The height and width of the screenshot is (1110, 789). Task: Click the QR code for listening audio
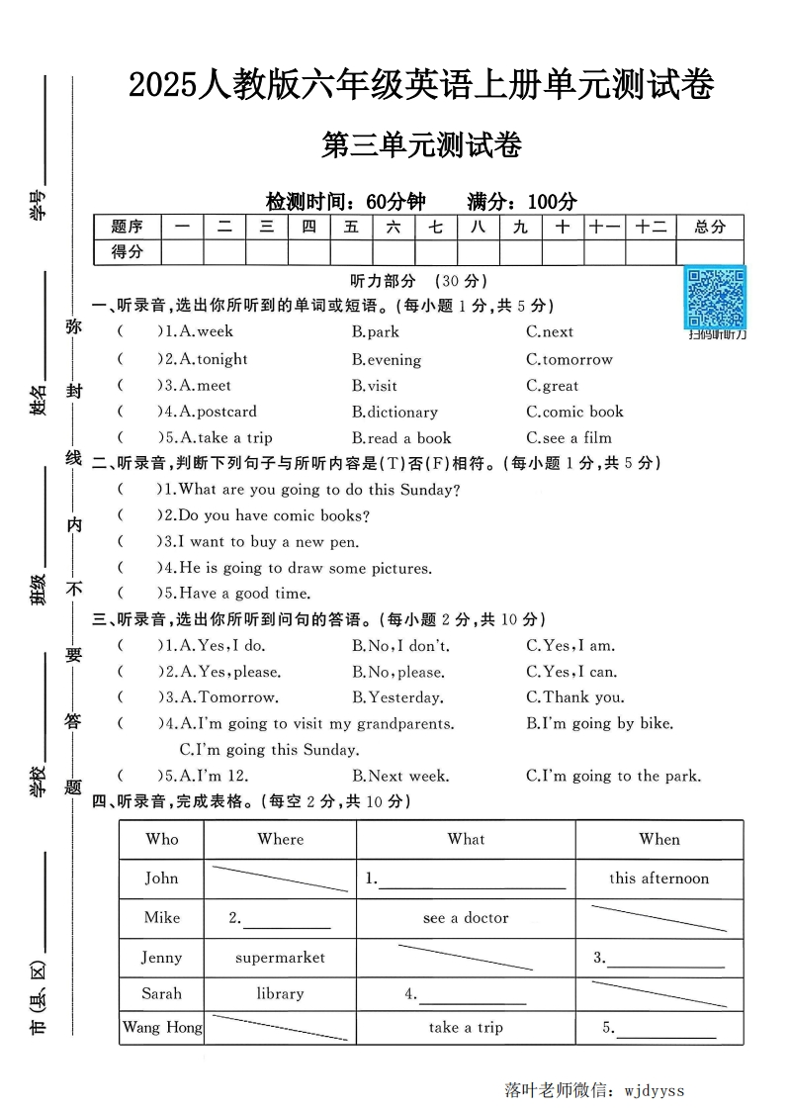coord(717,297)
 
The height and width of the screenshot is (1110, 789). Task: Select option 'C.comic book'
coord(574,412)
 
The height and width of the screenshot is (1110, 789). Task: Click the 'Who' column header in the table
coord(162,839)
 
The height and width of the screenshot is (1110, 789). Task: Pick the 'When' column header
coord(658,839)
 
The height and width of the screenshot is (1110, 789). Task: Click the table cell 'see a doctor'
coord(466,918)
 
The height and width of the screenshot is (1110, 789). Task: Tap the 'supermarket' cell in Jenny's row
coord(280,957)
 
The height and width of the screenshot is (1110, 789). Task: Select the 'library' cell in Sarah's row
coord(280,993)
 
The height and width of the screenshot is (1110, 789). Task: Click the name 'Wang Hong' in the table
coord(162,1027)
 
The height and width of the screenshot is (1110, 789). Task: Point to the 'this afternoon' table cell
coord(658,878)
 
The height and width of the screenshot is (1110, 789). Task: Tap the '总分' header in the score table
coord(710,227)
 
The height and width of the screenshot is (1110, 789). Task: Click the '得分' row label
coord(127,252)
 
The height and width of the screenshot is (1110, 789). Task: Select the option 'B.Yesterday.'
coord(395,697)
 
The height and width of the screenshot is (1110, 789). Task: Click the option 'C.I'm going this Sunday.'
coord(269,750)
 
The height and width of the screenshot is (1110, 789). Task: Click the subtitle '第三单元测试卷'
coord(421,145)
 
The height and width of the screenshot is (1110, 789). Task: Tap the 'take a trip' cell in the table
coord(466,1027)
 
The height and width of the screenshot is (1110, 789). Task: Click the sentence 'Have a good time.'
coord(237,594)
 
